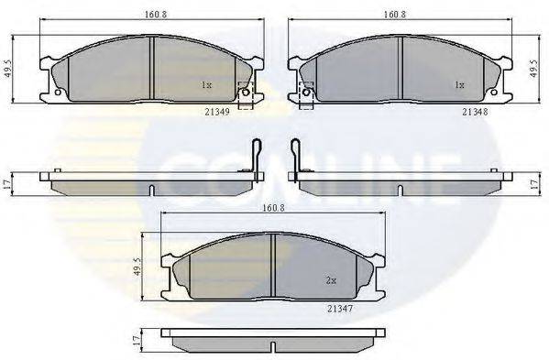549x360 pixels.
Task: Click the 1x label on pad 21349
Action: click(x=206, y=84)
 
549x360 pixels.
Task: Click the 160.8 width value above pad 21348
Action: click(x=397, y=16)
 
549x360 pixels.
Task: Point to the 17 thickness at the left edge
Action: click(x=8, y=183)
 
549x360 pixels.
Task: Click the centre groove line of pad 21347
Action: click(x=273, y=266)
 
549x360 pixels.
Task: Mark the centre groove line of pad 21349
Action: click(x=149, y=69)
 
